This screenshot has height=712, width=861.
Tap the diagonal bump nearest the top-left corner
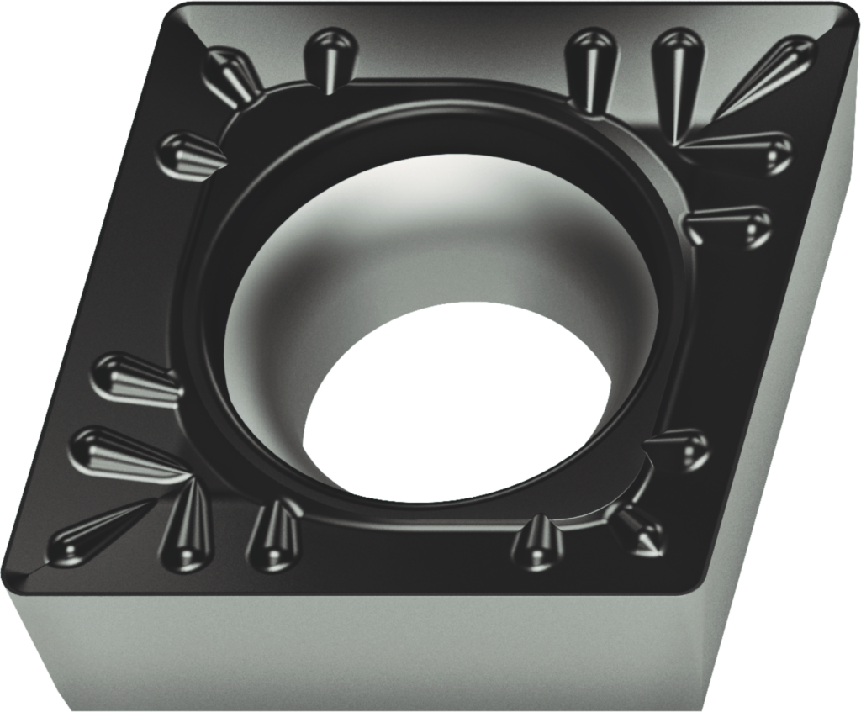(x=232, y=76)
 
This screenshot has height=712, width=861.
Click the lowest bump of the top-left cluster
(x=190, y=155)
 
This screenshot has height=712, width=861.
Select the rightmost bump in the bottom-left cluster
(x=274, y=534)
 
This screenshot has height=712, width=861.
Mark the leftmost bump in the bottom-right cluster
(x=538, y=542)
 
